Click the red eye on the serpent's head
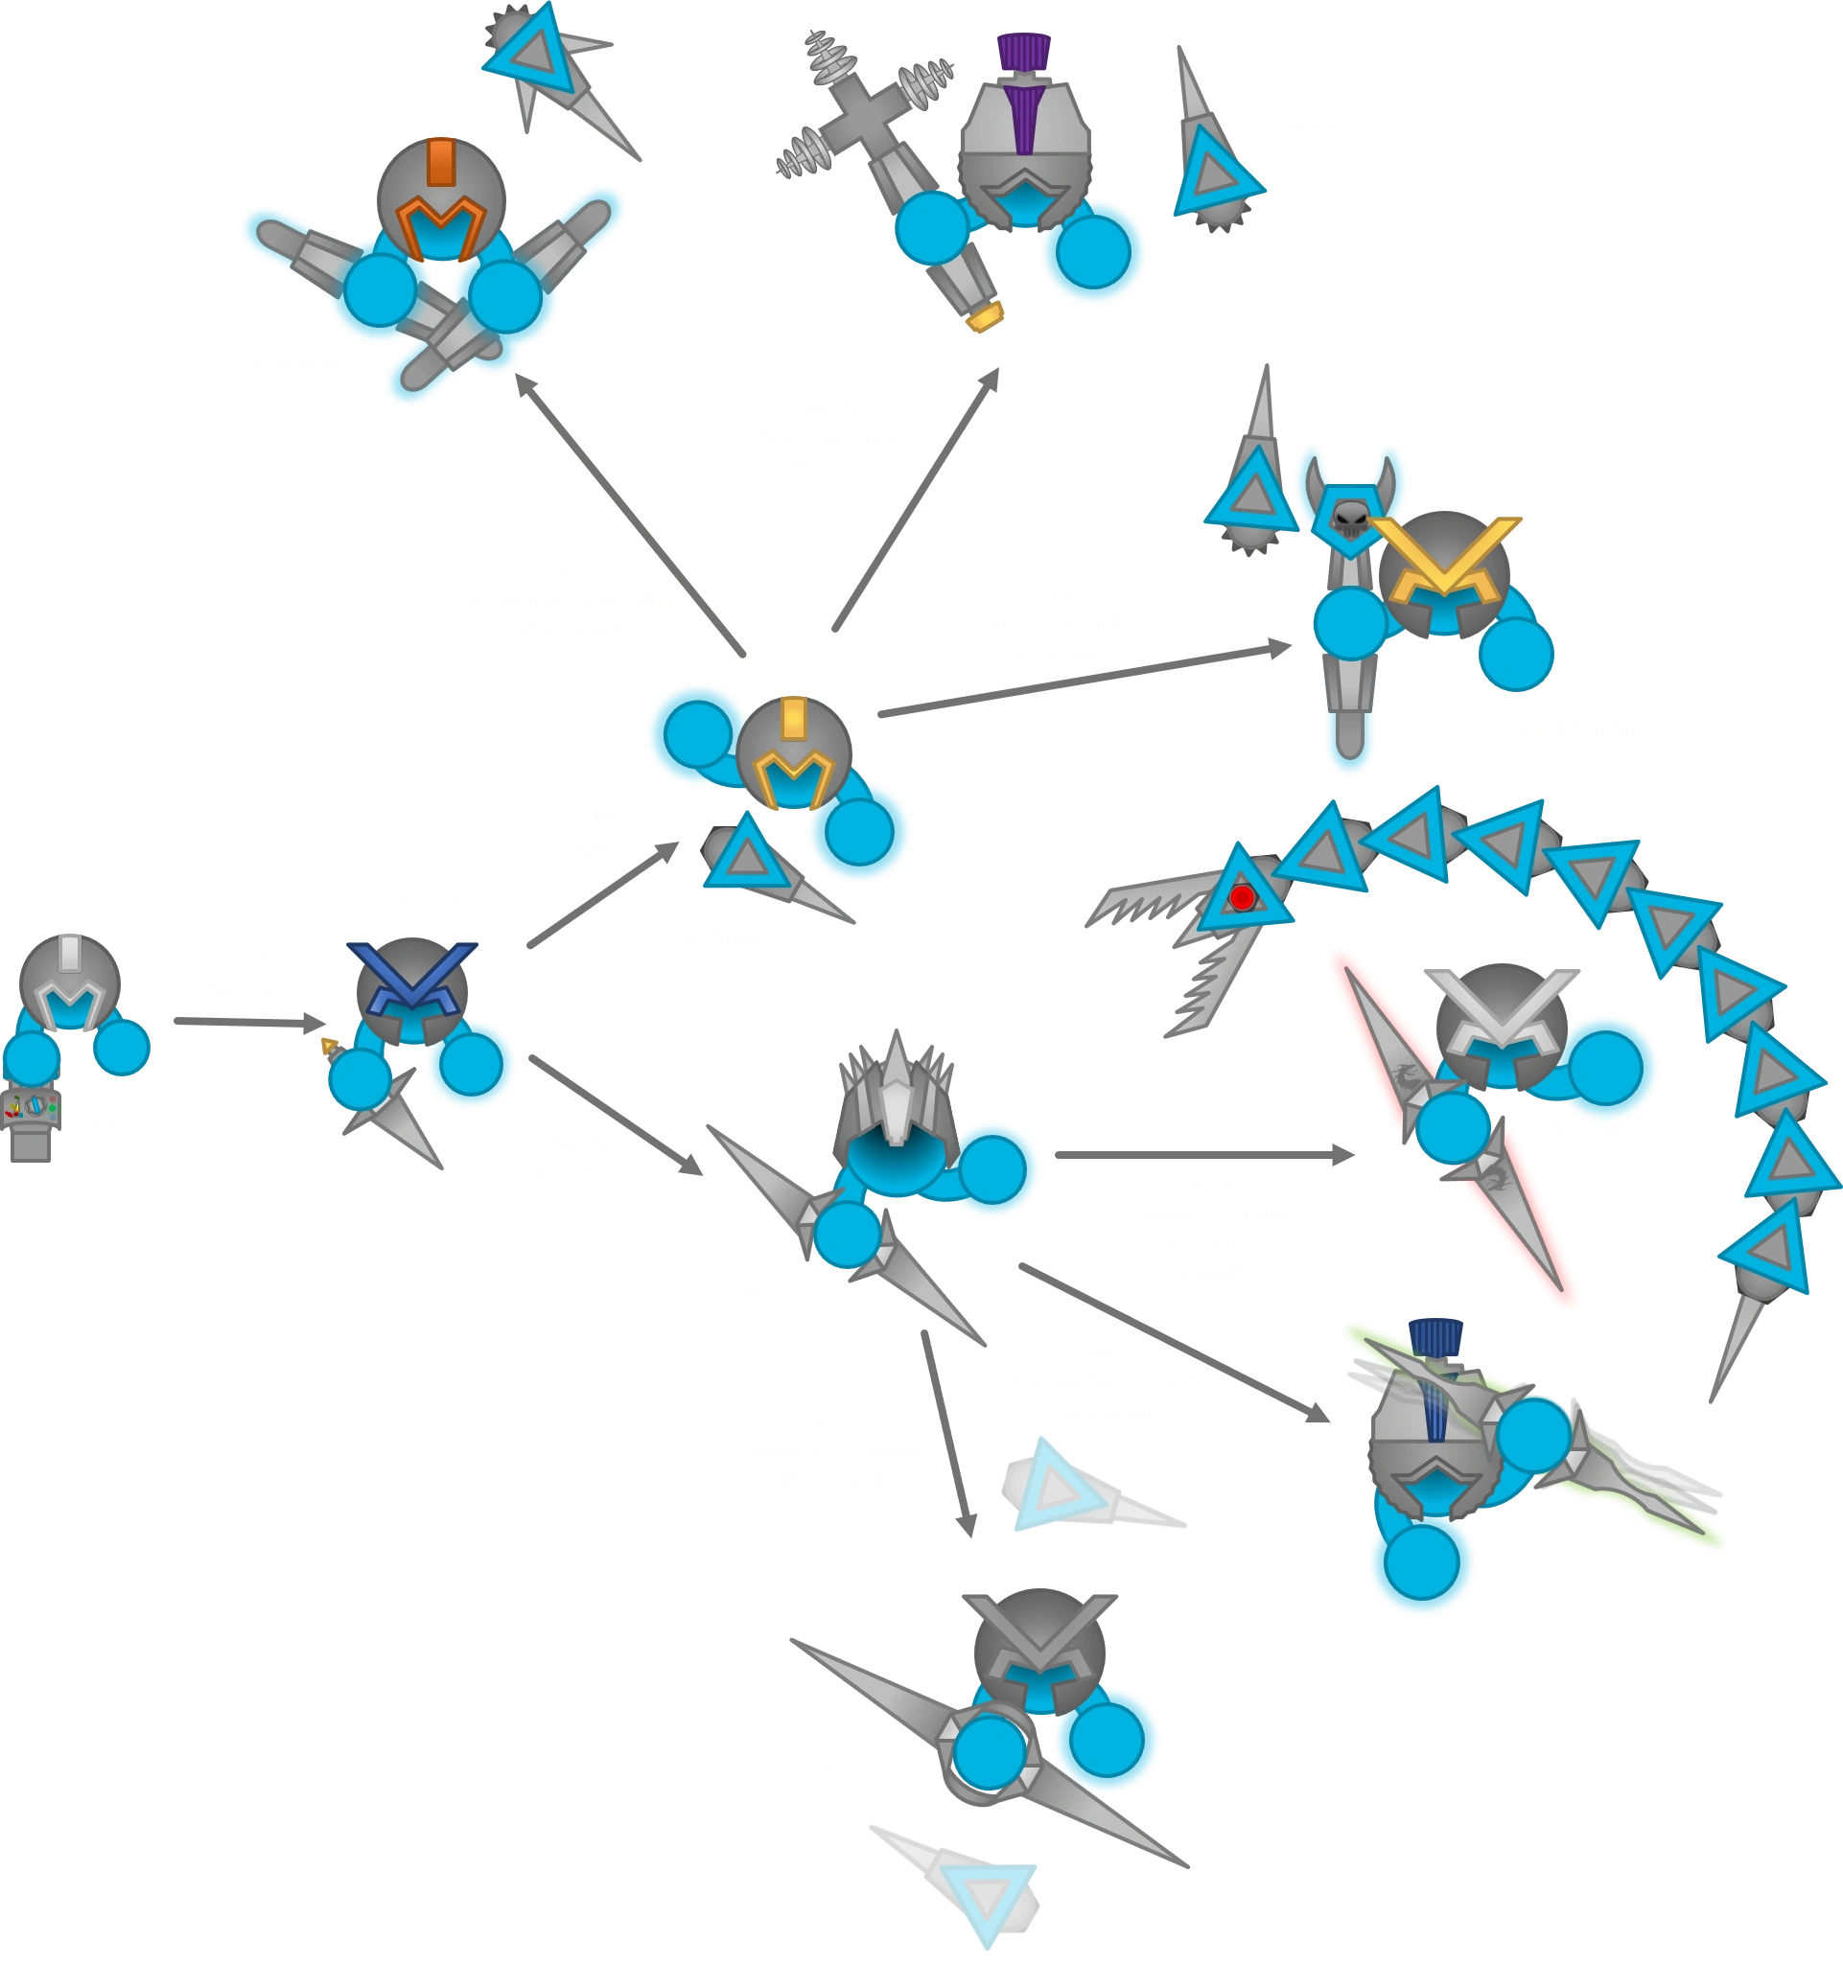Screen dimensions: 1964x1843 click(x=1242, y=898)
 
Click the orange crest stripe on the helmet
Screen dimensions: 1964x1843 click(x=442, y=162)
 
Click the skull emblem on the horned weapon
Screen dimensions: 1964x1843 click(x=1350, y=516)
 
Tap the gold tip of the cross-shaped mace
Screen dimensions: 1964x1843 click(x=984, y=317)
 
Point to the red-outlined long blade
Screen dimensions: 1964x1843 click(x=1453, y=1126)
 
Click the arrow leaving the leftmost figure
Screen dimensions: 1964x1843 click(x=247, y=1018)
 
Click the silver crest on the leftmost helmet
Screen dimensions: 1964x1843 click(x=68, y=954)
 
